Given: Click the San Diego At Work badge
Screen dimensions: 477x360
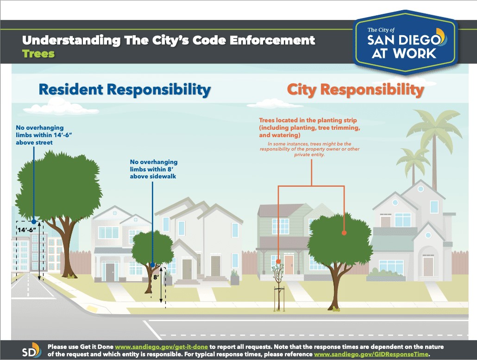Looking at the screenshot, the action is point(406,42).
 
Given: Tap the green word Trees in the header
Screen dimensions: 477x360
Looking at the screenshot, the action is point(38,54).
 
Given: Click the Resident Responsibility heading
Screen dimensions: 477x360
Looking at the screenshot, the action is point(125,90).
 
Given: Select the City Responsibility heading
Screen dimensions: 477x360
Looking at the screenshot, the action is point(355,90).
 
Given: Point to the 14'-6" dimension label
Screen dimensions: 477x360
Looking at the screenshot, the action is point(27,230).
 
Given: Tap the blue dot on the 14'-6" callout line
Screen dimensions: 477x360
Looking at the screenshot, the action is point(34,221).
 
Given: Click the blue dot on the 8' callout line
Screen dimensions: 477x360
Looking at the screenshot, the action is point(152,265).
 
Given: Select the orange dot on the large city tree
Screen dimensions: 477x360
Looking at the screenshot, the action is point(344,233).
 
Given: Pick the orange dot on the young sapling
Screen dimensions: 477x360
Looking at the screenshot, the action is point(278,261).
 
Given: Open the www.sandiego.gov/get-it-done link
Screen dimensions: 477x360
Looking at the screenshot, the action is point(161,347).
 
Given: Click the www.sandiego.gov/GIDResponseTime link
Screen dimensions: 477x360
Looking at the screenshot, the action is point(371,354).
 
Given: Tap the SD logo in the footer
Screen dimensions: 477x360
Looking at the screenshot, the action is point(31,351).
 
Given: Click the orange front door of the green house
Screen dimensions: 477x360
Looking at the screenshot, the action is point(289,265).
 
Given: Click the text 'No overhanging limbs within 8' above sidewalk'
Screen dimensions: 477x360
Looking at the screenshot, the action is point(154,169).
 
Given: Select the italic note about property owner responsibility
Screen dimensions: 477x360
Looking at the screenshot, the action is point(309,149).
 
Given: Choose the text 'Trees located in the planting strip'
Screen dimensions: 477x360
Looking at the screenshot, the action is point(308,120).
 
